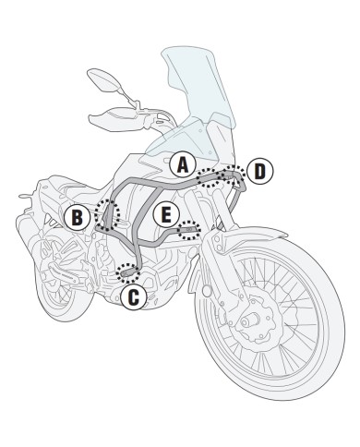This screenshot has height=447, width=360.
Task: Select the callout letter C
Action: click(x=132, y=296)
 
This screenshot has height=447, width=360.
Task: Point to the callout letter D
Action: click(x=259, y=170)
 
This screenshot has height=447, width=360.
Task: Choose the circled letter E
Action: click(x=164, y=215)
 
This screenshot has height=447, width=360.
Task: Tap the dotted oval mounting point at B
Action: click(x=110, y=213)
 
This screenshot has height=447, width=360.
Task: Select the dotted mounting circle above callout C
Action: click(x=126, y=271)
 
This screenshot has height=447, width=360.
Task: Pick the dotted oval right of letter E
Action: click(x=189, y=231)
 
